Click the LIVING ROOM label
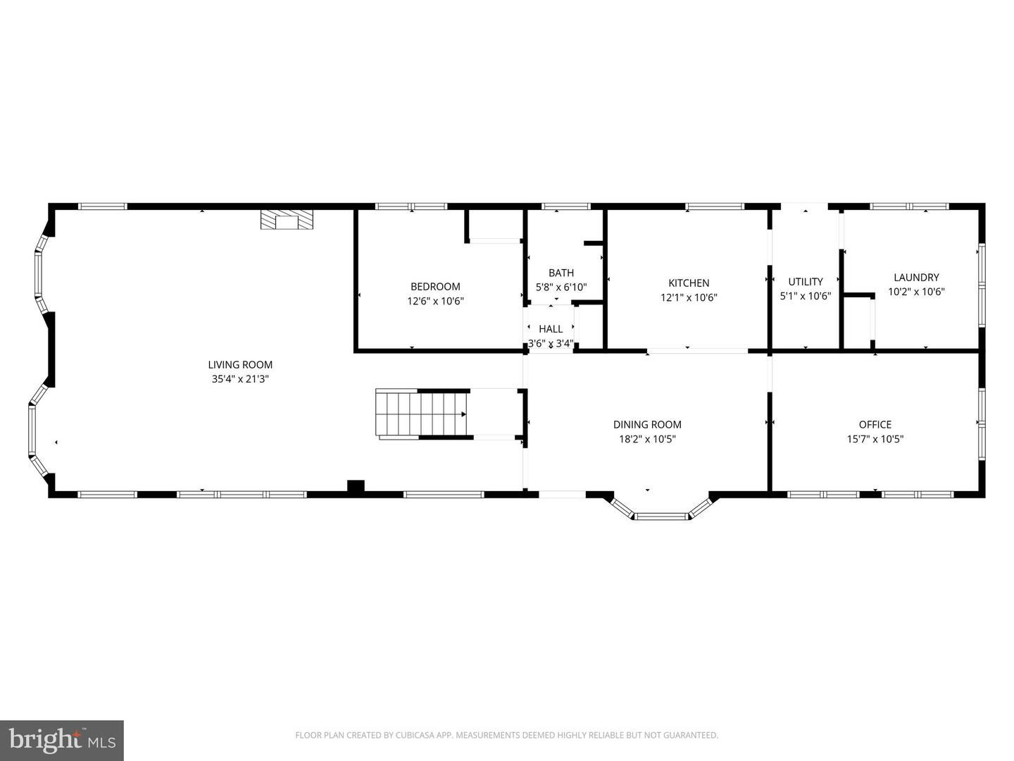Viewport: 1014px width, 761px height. pyautogui.click(x=240, y=364)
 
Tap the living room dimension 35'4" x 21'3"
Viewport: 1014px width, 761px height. pyautogui.click(x=240, y=379)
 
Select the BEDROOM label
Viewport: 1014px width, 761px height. pyautogui.click(x=435, y=286)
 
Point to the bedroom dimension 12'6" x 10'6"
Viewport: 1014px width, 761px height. pyautogui.click(x=435, y=301)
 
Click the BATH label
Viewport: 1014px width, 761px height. pyautogui.click(x=561, y=273)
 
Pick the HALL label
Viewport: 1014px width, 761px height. pyautogui.click(x=551, y=328)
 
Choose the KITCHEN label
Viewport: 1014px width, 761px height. pyautogui.click(x=689, y=283)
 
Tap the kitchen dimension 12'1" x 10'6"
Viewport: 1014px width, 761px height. pyautogui.click(x=689, y=297)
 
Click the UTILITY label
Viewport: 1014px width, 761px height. pyautogui.click(x=806, y=281)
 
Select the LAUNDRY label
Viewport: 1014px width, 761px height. pyautogui.click(x=916, y=277)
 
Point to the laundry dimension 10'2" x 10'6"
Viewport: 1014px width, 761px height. pyautogui.click(x=916, y=292)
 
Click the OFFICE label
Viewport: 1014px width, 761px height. pyautogui.click(x=875, y=424)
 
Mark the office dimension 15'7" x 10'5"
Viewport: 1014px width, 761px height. pyautogui.click(x=875, y=439)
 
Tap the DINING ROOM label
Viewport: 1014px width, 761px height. pyautogui.click(x=647, y=424)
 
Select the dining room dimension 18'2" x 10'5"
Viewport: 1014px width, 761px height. pyautogui.click(x=647, y=439)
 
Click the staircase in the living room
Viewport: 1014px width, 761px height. pyautogui.click(x=423, y=414)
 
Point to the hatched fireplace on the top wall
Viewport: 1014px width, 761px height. pyautogui.click(x=287, y=219)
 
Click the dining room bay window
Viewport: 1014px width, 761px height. pyautogui.click(x=661, y=514)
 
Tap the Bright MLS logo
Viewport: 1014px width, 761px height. pyautogui.click(x=61, y=740)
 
